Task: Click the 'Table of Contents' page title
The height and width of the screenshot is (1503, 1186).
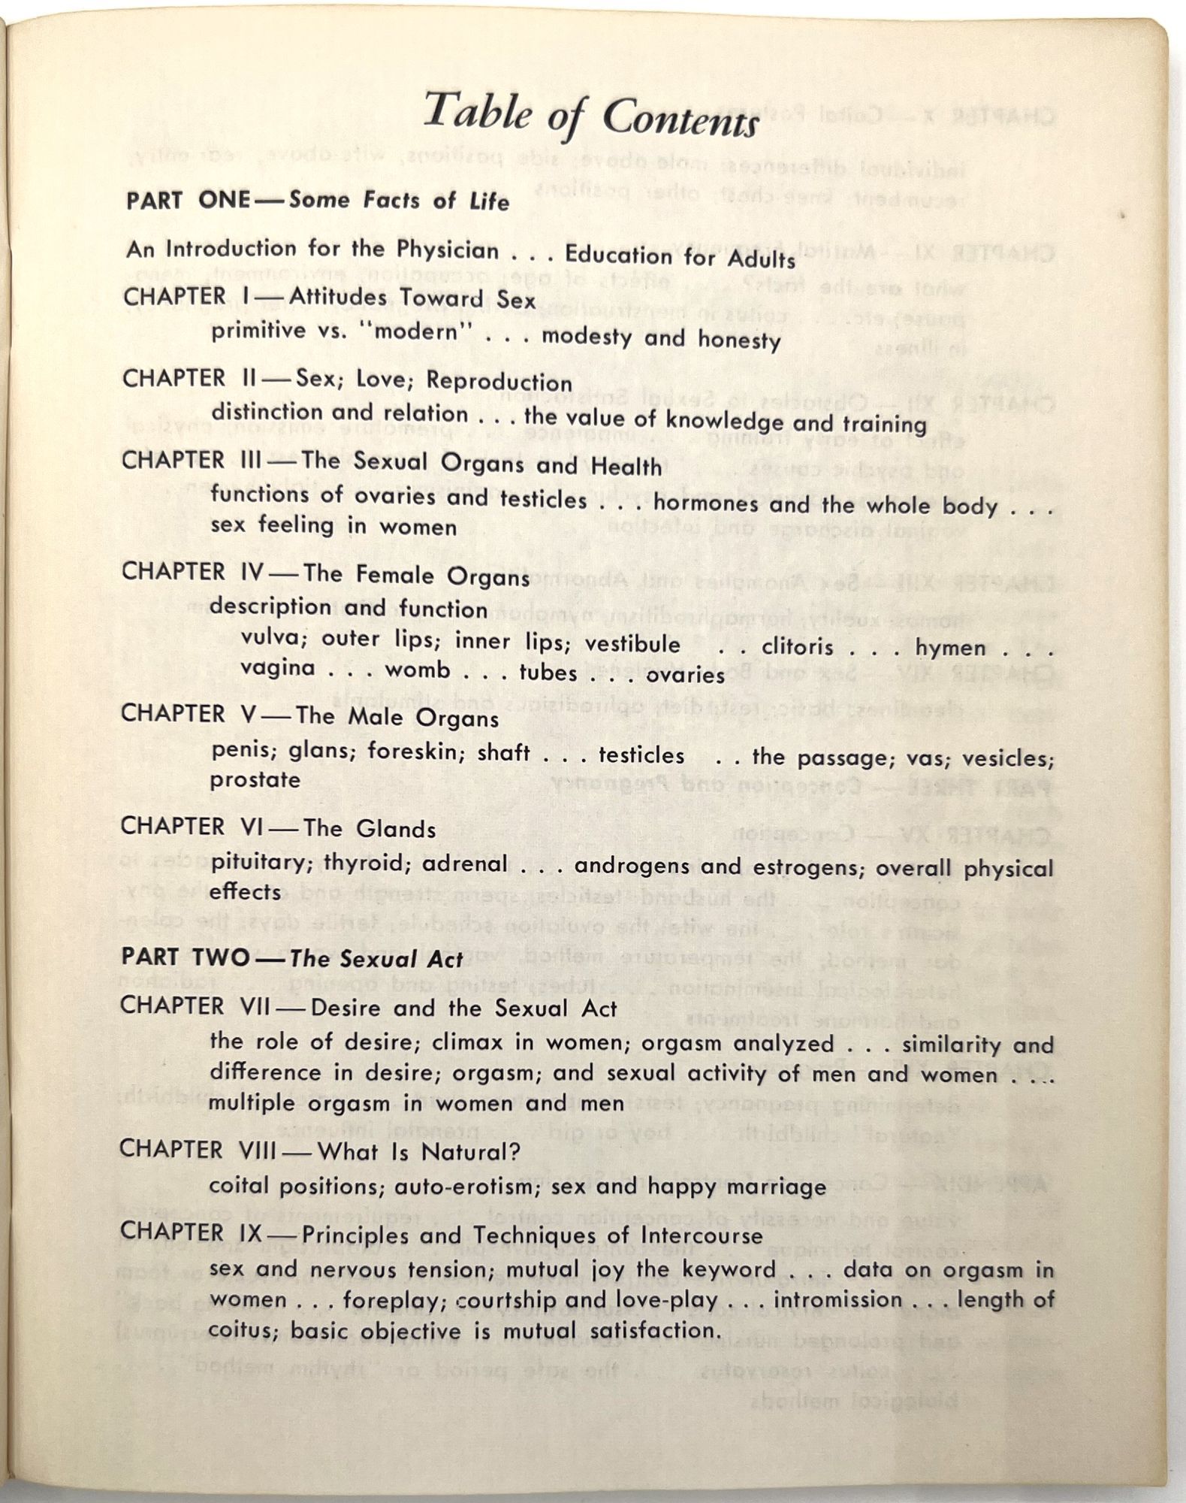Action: (x=591, y=115)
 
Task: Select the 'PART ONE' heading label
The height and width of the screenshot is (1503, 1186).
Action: (x=188, y=200)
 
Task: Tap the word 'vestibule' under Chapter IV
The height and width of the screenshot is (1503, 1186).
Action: (x=632, y=644)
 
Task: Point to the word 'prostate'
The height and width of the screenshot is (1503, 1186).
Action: (x=255, y=780)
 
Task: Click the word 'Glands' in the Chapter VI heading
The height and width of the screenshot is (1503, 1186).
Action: (x=395, y=829)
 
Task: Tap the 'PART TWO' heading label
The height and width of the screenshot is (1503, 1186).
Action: (x=186, y=957)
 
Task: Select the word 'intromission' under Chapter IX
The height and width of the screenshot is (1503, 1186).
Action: (x=837, y=1299)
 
